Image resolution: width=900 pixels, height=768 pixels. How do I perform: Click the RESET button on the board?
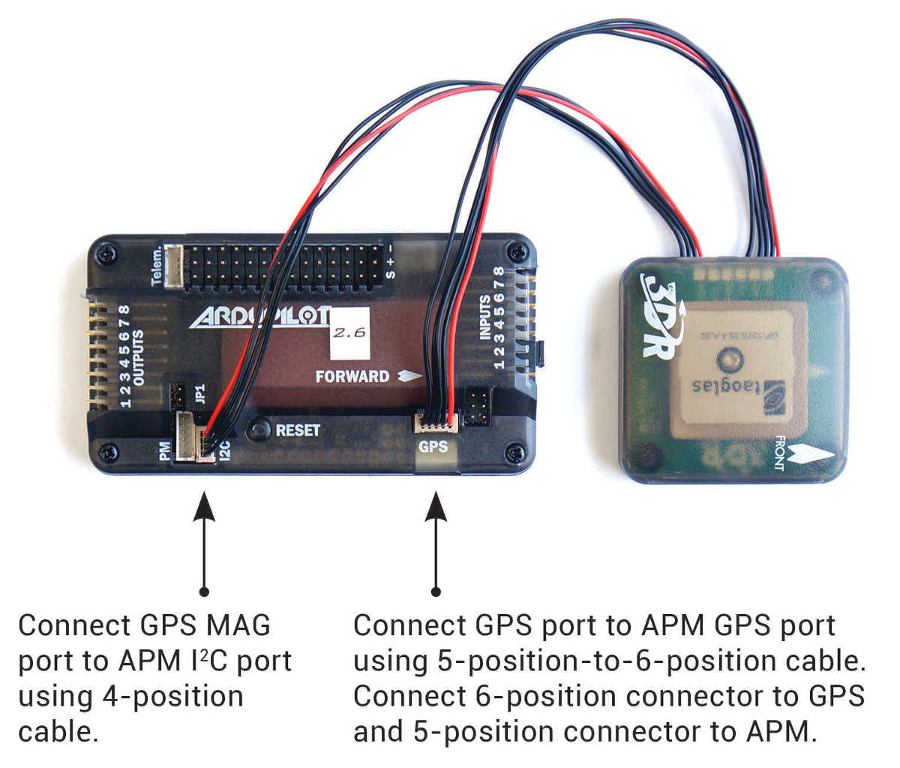click(x=259, y=429)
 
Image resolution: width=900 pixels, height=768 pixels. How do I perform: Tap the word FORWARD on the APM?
click(x=352, y=376)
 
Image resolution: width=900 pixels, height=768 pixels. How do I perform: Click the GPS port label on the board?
click(x=433, y=447)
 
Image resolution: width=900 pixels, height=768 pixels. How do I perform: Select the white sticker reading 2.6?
click(x=349, y=332)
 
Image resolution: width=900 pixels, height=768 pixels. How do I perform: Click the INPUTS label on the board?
click(x=485, y=316)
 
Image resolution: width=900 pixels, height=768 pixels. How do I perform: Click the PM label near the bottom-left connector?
click(x=165, y=450)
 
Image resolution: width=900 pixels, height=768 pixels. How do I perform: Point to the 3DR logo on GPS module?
click(x=661, y=315)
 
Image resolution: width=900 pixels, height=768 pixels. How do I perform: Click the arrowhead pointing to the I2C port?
click(x=204, y=506)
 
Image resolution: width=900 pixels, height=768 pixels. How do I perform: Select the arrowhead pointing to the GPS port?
click(x=436, y=506)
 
